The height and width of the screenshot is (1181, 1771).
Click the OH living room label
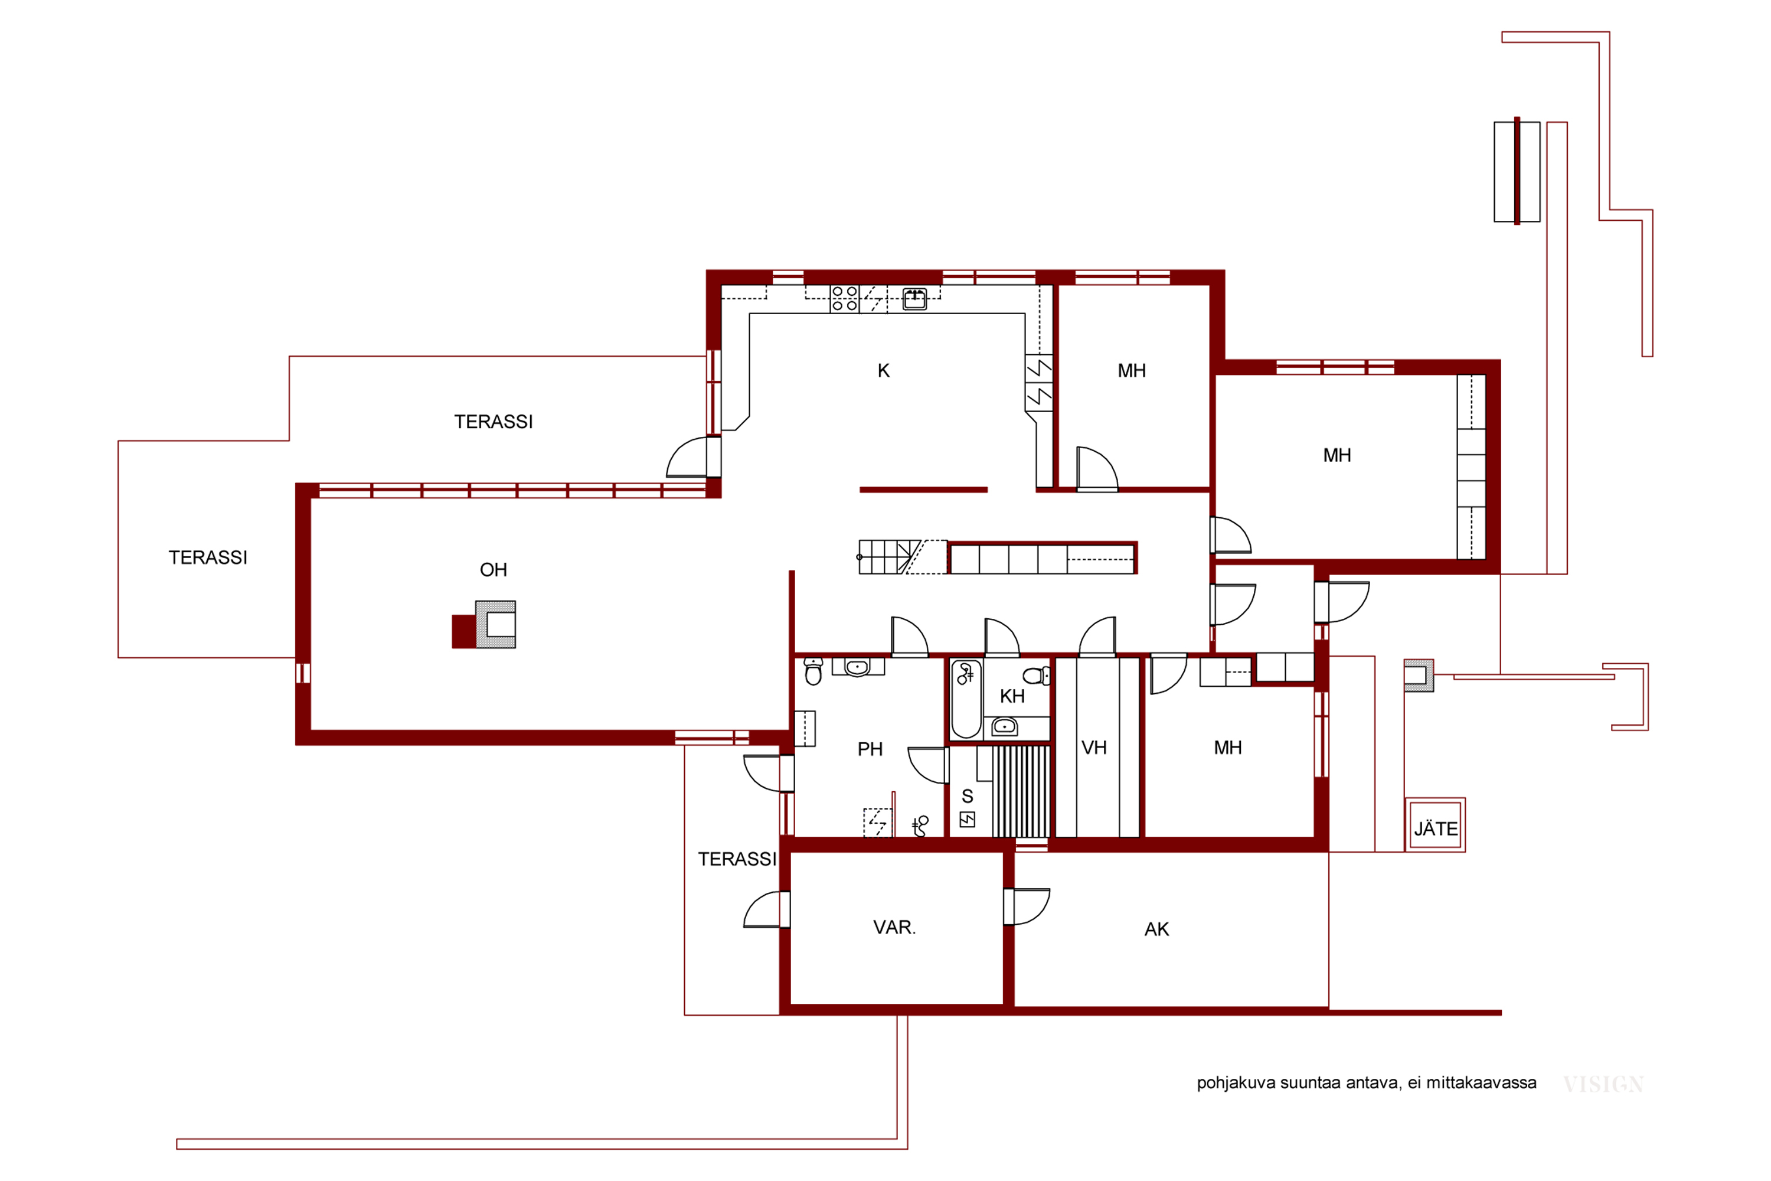pyautogui.click(x=493, y=570)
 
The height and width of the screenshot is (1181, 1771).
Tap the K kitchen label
pyautogui.click(x=884, y=371)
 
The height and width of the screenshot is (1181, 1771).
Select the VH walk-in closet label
pyautogui.click(x=1094, y=748)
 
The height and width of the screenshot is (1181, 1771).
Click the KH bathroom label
pyautogui.click(x=1012, y=696)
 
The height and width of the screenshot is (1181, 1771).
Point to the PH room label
pyautogui.click(x=870, y=749)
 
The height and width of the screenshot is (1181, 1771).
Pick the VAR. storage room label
pyautogui.click(x=894, y=927)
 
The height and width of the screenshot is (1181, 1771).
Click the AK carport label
pyautogui.click(x=1156, y=929)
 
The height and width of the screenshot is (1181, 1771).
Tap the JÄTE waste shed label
pyautogui.click(x=1435, y=828)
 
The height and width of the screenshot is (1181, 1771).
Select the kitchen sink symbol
pyautogui.click(x=915, y=299)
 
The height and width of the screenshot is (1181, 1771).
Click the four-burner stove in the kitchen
pyautogui.click(x=844, y=298)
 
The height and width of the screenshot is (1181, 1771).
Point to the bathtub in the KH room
pyautogui.click(x=966, y=700)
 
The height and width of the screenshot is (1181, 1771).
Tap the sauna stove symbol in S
pyautogui.click(x=968, y=820)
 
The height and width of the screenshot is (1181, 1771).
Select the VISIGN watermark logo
pyautogui.click(x=1603, y=1085)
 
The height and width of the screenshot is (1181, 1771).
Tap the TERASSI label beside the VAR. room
pyautogui.click(x=736, y=859)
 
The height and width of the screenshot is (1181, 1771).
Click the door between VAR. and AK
pyautogui.click(x=1025, y=907)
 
